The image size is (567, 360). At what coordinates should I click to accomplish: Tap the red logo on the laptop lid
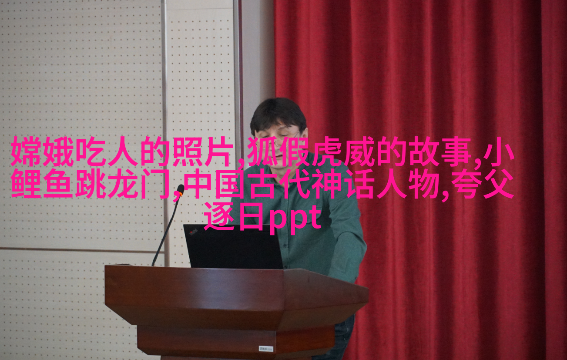(x=194, y=232)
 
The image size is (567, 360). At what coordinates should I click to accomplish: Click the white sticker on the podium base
(x=266, y=349)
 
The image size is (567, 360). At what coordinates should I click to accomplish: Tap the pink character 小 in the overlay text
(x=499, y=151)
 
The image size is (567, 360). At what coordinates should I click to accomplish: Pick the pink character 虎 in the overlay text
(x=326, y=151)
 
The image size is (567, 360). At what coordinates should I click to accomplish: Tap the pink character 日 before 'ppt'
(x=251, y=216)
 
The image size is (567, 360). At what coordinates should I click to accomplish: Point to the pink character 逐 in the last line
(x=219, y=216)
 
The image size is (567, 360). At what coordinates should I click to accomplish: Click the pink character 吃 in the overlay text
(x=91, y=151)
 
